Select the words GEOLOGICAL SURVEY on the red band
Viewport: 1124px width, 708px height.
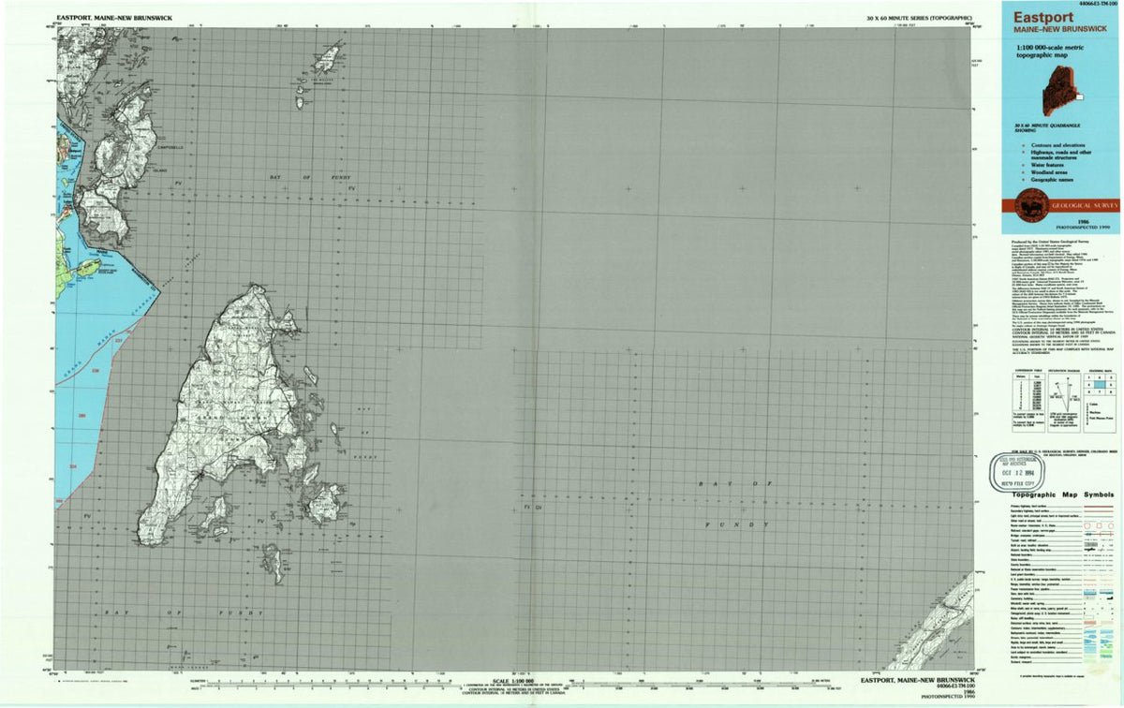(x=1084, y=204)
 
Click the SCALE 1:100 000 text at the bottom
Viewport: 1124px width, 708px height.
(x=513, y=681)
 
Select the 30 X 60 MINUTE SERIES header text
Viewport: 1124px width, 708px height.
(x=919, y=19)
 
